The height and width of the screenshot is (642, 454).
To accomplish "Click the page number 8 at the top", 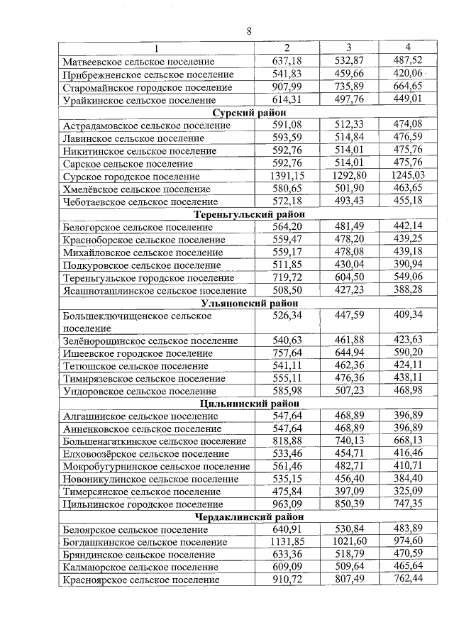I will pos(249,31).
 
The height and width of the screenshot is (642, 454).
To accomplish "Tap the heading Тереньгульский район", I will pos(248,214).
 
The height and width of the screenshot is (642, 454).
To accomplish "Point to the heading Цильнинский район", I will pos(248,404).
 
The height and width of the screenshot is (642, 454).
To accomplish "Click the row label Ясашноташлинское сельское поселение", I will pos(155,290).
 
